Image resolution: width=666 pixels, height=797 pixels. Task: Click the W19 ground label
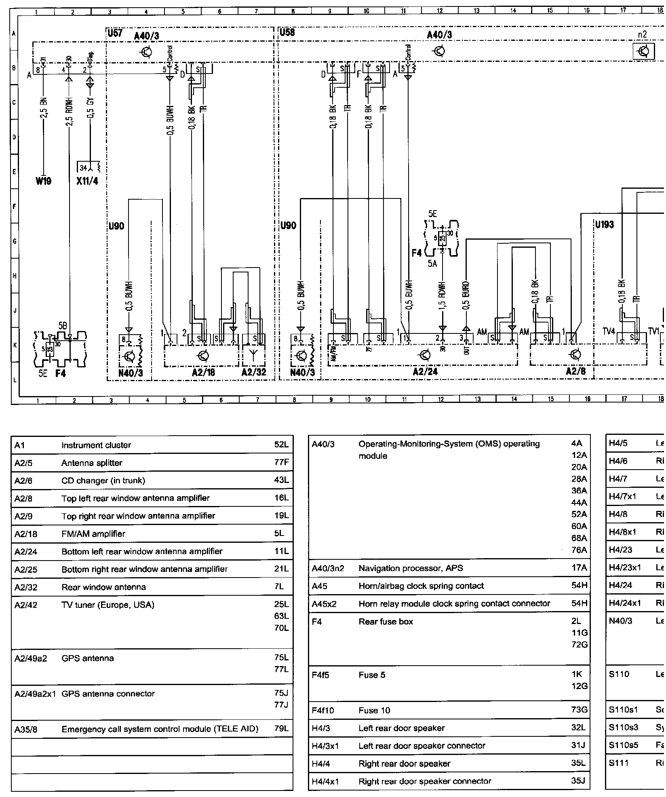pos(43,181)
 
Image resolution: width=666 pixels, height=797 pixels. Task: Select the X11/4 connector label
pos(87,181)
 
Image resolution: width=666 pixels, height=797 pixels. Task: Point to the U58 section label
pos(287,32)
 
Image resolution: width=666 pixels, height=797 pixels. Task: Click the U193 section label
pos(604,225)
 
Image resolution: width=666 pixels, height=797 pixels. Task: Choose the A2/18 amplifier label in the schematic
pos(204,372)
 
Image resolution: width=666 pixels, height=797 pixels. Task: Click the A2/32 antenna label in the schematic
pos(254,372)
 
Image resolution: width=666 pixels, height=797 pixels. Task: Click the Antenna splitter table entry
pos(92,463)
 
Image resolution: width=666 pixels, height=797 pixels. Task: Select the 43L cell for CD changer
pos(281,481)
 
